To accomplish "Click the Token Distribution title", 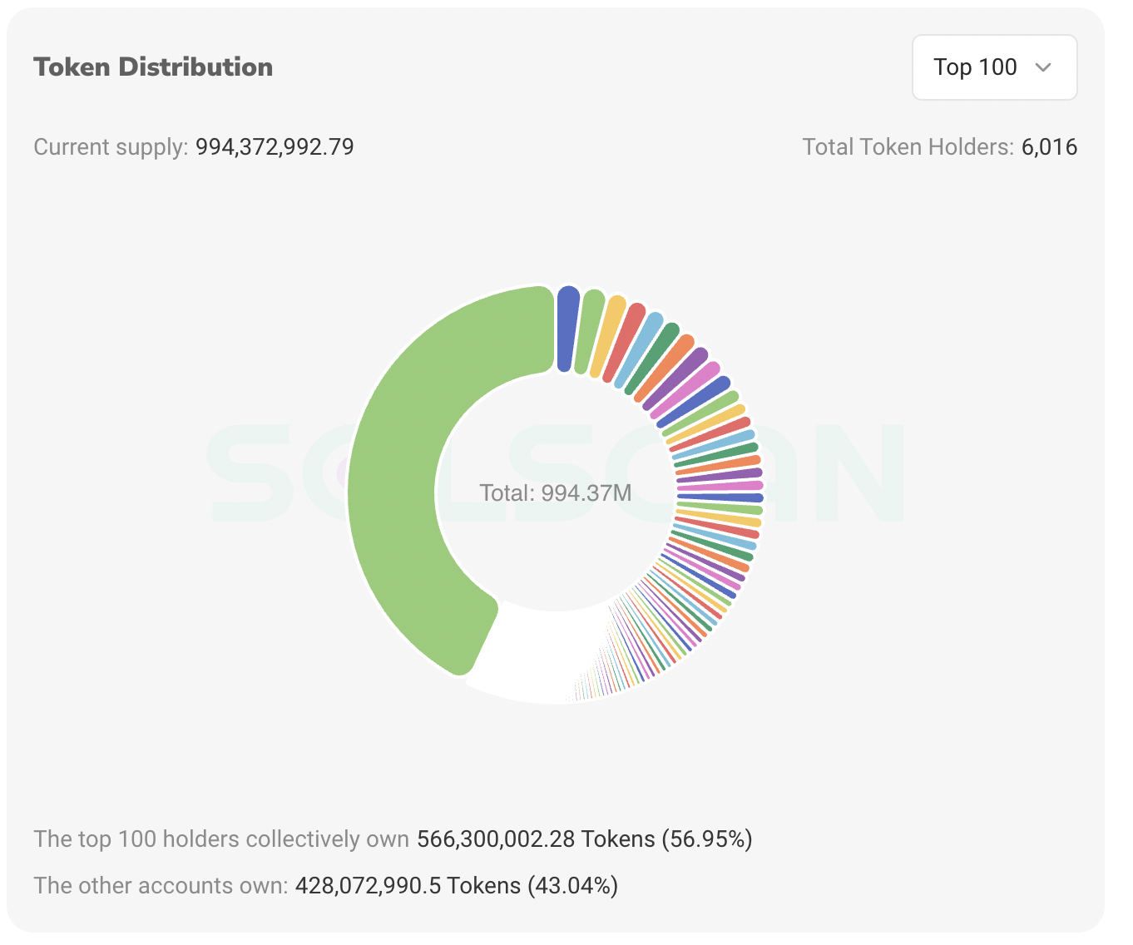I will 153,67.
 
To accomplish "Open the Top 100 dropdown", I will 993,67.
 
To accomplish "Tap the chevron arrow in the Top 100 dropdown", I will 1043,67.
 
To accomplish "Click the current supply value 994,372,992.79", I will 275,147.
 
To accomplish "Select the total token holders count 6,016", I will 1049,147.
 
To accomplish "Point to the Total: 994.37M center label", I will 556,493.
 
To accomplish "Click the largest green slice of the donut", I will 399,466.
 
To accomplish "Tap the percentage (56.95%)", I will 707,839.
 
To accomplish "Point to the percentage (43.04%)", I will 573,885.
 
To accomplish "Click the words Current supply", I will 110,147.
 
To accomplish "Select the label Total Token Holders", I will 907,147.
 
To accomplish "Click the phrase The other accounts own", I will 160,885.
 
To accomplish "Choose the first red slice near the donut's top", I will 626,342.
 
